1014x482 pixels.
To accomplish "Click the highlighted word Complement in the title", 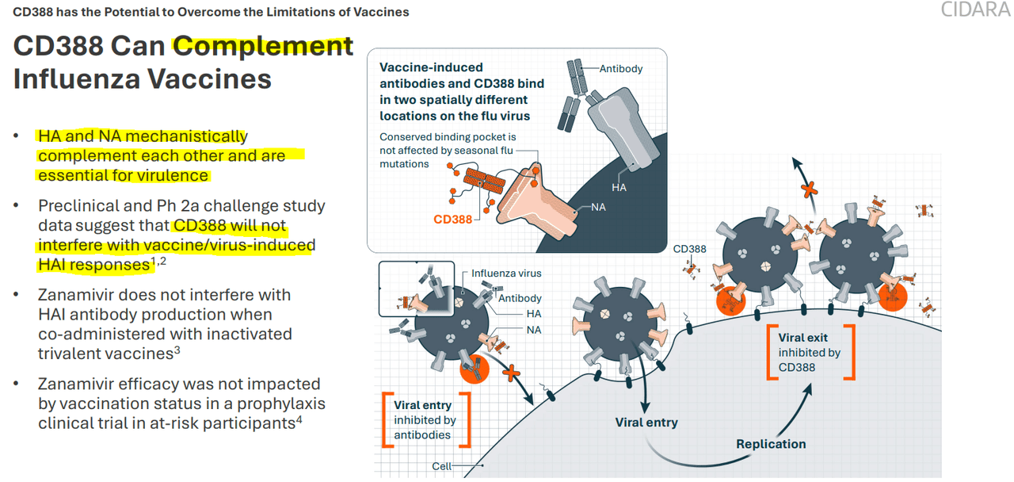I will [x=263, y=45].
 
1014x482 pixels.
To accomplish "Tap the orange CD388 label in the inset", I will [x=452, y=219].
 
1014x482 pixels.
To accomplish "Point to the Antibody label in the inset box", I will [x=621, y=68].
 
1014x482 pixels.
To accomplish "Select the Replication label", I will [x=771, y=444].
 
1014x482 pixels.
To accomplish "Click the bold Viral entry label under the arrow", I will [x=646, y=423].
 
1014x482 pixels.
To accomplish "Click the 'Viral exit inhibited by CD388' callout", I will [x=810, y=352].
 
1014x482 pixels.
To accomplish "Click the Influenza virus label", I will [x=506, y=274].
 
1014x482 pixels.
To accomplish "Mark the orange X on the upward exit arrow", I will [x=808, y=189].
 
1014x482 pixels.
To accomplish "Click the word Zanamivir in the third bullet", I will [x=78, y=295].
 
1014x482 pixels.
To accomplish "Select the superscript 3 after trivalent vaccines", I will [x=177, y=351].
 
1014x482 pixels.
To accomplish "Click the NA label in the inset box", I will [x=599, y=207].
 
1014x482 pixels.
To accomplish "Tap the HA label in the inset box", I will [x=619, y=187].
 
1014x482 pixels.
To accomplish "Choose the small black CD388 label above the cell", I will [x=689, y=249].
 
